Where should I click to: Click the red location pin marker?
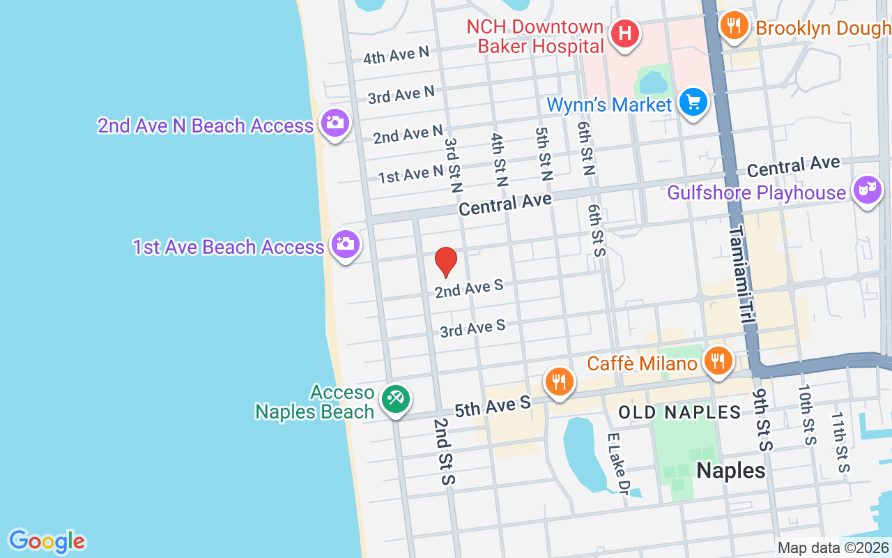[x=446, y=262]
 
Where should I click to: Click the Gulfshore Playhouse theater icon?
[x=868, y=190]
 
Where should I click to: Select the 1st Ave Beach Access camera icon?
[x=345, y=245]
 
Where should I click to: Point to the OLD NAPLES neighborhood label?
[x=679, y=412]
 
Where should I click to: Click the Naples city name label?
[x=730, y=471]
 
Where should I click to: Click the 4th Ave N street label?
[x=396, y=56]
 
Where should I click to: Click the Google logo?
[x=47, y=541]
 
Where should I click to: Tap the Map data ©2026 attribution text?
[x=833, y=548]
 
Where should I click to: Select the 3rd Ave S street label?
[x=472, y=328]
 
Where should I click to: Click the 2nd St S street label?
[x=444, y=451]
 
